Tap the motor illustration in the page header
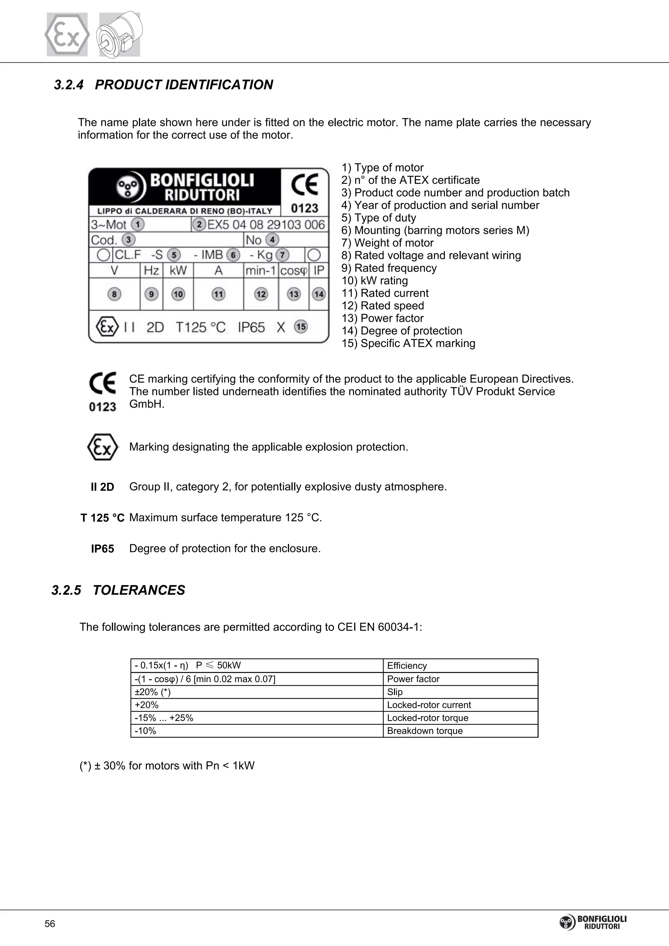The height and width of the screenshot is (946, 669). [x=120, y=35]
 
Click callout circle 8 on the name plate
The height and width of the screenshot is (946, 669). [x=114, y=294]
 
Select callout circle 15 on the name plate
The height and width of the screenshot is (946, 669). [x=301, y=327]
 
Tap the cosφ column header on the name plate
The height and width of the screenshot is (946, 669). [x=294, y=271]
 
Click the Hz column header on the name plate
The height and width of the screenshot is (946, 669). [x=151, y=271]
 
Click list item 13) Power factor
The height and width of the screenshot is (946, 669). [x=382, y=318]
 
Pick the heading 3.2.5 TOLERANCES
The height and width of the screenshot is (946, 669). [x=118, y=590]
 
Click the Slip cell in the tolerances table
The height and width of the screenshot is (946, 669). [x=395, y=692]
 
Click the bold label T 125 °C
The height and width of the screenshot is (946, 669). [x=102, y=518]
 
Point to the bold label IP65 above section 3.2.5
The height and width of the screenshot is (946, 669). [x=102, y=549]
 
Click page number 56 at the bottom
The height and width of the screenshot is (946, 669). [x=50, y=924]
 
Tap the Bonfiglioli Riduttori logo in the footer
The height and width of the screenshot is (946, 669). [x=593, y=922]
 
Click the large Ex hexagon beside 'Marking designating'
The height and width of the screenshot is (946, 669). [x=103, y=447]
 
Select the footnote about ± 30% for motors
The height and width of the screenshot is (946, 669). [x=167, y=766]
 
